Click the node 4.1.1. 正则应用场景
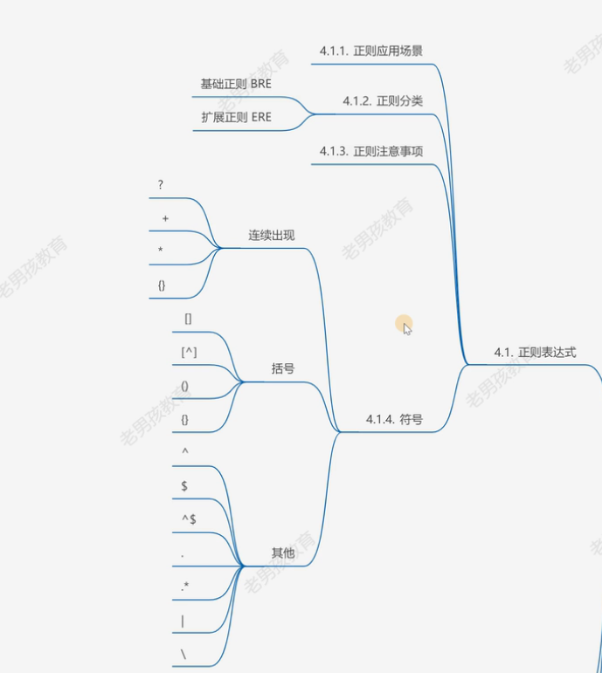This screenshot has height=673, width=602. click(x=371, y=52)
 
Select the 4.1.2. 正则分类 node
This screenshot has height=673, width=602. click(x=382, y=101)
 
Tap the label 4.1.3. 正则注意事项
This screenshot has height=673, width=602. click(x=371, y=151)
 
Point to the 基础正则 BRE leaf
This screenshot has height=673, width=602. click(x=236, y=85)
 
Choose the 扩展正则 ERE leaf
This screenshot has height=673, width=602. click(x=236, y=117)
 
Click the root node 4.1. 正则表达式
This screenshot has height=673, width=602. click(x=535, y=353)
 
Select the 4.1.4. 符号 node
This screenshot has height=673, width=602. click(x=394, y=420)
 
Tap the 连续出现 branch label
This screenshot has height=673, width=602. click(x=271, y=236)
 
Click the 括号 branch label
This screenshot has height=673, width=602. click(x=282, y=369)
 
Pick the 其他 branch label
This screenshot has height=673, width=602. click(x=282, y=553)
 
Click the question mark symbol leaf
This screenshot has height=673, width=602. click(x=161, y=185)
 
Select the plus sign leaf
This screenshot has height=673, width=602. click(x=165, y=218)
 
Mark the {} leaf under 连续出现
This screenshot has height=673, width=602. click(x=162, y=285)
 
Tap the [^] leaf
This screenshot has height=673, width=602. click(x=188, y=352)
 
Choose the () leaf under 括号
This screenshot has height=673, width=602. click(x=184, y=386)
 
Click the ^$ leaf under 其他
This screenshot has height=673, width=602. click(x=188, y=519)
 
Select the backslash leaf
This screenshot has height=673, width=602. click(x=183, y=654)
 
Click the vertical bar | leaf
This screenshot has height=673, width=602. click(x=183, y=621)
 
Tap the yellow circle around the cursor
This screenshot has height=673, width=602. click(x=403, y=325)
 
